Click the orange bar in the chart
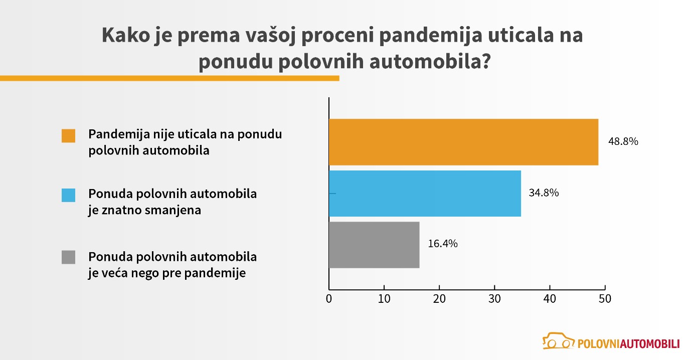463,142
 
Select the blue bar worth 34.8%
425,194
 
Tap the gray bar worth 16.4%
374,245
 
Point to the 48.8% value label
623,141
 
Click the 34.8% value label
544,193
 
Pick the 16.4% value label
443,244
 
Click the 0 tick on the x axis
329,298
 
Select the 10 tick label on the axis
384,298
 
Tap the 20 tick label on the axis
439,298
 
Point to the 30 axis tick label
494,298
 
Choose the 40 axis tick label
550,298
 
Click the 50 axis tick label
605,298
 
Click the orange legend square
69,136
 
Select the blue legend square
69,195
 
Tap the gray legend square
69,257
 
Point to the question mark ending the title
484,64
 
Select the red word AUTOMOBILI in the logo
650,344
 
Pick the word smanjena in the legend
176,210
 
